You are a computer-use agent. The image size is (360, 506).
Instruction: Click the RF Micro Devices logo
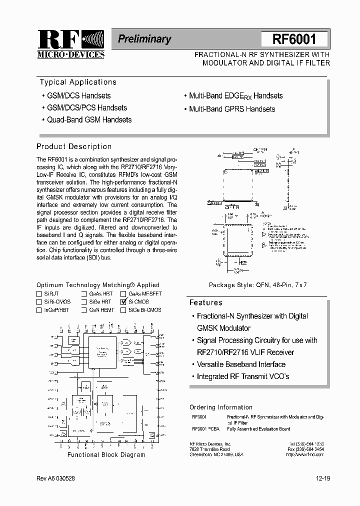[70, 44]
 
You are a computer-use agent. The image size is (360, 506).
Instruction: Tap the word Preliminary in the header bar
[144, 39]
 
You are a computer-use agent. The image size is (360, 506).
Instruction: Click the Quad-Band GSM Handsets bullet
[89, 120]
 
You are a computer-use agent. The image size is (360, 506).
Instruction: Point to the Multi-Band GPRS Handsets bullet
[231, 109]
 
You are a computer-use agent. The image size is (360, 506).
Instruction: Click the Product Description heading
[74, 146]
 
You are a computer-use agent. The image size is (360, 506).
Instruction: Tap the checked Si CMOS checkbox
[123, 302]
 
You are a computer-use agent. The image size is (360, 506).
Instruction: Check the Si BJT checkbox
[39, 294]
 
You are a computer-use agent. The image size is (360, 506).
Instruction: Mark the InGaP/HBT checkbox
[39, 310]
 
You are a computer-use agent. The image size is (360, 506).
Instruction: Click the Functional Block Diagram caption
[106, 455]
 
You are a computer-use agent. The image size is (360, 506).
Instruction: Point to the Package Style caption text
[257, 285]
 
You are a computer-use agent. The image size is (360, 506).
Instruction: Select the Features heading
[205, 302]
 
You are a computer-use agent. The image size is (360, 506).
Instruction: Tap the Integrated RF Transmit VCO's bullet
[243, 376]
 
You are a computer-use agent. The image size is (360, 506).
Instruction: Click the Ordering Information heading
[221, 407]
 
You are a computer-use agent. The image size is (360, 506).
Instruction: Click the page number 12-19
[323, 478]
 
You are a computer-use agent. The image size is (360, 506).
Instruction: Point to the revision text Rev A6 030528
[56, 478]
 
